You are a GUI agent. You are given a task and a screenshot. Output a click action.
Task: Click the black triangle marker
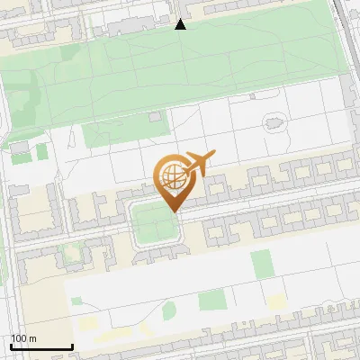180,24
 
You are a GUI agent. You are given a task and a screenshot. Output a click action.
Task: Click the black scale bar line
41,346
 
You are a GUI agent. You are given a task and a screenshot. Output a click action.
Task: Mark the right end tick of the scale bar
72,346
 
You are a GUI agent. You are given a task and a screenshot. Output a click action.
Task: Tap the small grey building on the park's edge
157,117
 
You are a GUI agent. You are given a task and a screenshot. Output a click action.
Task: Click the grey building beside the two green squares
20,146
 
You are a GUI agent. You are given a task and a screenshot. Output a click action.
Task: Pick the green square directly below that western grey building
20,158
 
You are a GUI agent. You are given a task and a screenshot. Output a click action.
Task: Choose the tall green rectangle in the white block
262,264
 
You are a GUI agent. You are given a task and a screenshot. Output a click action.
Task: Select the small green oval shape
169,311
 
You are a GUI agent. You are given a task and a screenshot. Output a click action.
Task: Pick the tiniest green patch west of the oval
76,301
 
